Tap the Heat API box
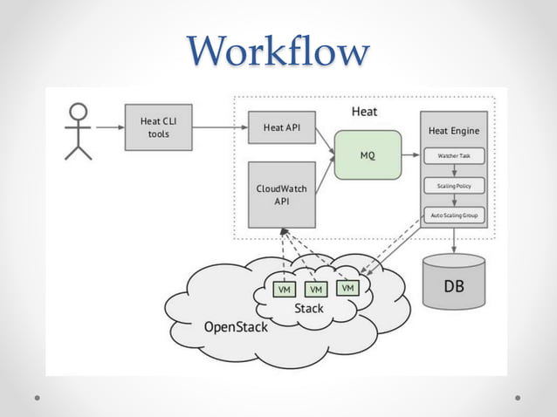281,127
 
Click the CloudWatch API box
281,194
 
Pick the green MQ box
368,155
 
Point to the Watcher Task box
453,156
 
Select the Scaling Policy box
453,186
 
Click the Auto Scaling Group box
453,215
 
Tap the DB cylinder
453,281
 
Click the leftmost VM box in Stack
284,289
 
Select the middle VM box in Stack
316,289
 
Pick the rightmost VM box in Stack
347,287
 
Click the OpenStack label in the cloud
235,327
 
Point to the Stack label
309,308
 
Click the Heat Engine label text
453,131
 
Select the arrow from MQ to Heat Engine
410,155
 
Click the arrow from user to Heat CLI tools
109,127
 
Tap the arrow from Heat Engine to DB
453,241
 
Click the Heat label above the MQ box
364,112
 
